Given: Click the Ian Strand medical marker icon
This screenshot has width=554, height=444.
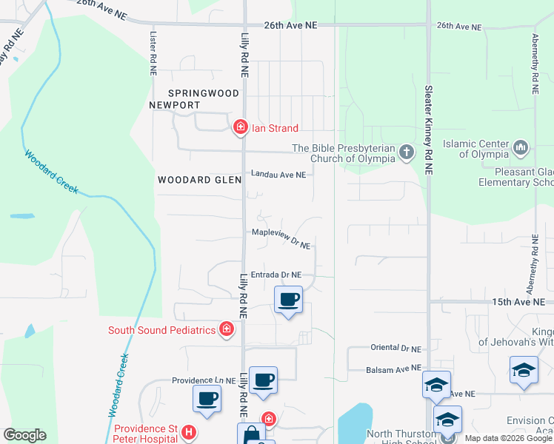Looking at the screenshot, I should point(240,128).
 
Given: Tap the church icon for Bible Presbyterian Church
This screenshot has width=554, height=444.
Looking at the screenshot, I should point(406,152).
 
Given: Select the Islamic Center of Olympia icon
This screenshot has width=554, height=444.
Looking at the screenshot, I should point(521,148).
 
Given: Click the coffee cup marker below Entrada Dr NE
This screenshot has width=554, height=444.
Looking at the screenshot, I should point(288,300).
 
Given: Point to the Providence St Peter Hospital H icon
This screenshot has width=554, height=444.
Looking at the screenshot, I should point(189,432).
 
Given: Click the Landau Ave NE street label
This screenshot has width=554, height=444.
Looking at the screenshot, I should point(278,175).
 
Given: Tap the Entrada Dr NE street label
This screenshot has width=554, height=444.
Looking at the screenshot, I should point(276,275).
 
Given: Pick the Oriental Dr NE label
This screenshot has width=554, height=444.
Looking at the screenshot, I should point(395,348).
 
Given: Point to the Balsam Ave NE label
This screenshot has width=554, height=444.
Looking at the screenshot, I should point(394,369).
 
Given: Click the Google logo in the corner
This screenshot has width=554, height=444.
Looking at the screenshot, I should point(24,435).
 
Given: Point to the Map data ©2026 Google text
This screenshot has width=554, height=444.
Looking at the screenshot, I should point(508,438).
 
